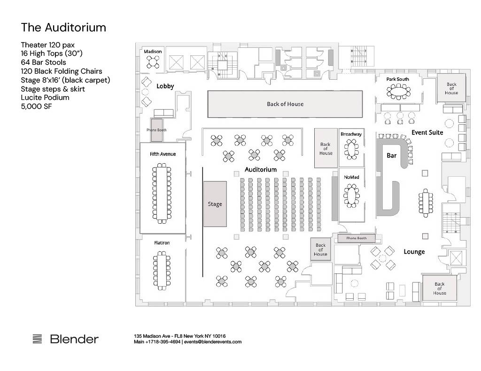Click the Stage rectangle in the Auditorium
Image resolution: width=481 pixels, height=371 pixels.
(215, 204)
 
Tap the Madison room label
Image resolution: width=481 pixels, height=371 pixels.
(153, 52)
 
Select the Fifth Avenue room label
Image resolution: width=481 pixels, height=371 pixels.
(163, 154)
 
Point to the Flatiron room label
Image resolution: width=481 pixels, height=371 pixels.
(162, 243)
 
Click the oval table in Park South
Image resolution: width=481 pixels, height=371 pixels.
(398, 91)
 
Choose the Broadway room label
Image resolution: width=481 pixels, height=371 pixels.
(351, 134)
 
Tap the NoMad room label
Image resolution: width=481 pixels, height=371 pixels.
(351, 177)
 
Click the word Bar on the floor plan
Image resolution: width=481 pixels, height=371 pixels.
(391, 156)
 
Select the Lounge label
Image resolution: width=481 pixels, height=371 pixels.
(414, 252)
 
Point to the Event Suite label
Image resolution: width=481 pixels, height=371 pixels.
(427, 133)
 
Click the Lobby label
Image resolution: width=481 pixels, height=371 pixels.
(165, 86)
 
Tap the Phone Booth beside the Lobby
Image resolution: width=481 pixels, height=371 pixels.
(156, 130)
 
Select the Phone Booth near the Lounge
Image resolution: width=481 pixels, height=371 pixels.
(357, 238)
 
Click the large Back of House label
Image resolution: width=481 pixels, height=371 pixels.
(285, 104)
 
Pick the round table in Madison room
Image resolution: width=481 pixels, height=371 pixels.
(153, 62)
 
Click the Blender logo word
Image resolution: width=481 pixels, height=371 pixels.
(75, 339)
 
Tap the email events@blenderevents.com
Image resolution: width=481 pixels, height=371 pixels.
(213, 342)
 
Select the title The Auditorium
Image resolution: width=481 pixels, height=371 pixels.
(63, 28)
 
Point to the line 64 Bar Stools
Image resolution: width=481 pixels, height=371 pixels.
(44, 62)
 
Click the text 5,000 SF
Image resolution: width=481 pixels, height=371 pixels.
(37, 106)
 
